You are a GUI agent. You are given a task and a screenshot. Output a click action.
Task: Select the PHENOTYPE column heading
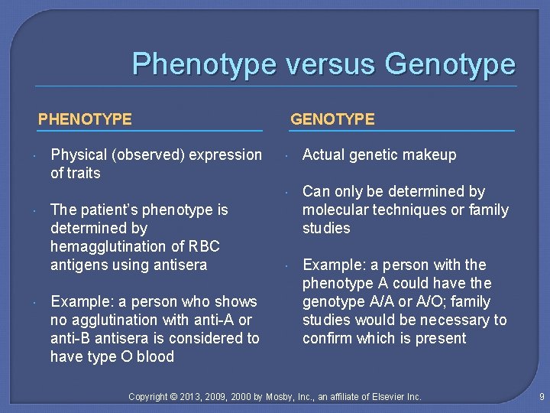[85, 119]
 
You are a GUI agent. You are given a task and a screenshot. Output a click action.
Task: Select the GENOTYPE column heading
[332, 119]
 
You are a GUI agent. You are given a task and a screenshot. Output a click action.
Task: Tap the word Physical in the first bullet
[79, 154]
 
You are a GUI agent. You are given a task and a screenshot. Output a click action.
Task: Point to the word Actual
[324, 154]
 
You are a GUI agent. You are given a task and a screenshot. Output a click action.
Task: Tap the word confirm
[328, 338]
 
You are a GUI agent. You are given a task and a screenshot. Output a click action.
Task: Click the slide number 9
[541, 396]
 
